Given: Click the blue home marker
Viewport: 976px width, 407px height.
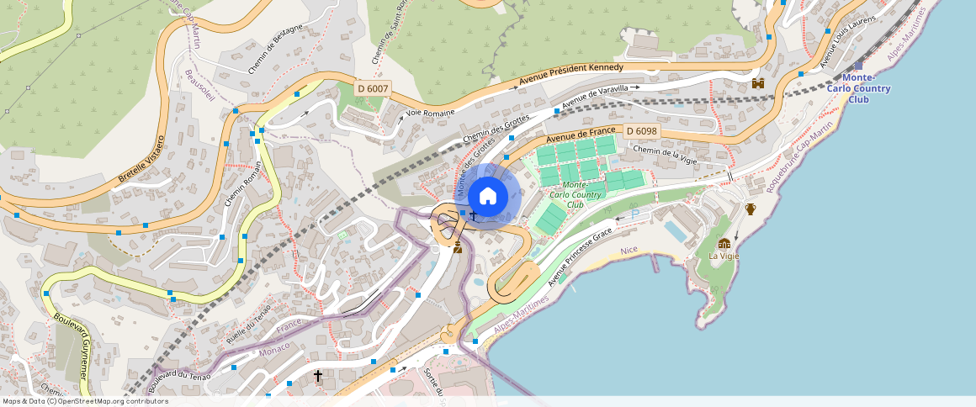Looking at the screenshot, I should click(487, 197).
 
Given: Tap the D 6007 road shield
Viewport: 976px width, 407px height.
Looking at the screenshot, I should click(372, 88).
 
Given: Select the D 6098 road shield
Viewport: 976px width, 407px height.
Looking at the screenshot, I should click(641, 131).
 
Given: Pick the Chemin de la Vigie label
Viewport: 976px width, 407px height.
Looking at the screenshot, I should click(665, 154).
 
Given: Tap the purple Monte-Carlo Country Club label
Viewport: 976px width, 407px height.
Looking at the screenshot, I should click(858, 88).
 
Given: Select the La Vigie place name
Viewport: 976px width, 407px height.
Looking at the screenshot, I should click(724, 256).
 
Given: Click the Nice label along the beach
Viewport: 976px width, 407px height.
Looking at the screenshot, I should click(629, 251).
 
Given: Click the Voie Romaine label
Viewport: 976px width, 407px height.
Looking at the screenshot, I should click(430, 113).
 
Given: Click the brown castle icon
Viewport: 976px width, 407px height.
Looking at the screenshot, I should click(758, 83).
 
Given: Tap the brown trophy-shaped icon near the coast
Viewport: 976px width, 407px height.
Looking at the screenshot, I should click(751, 209).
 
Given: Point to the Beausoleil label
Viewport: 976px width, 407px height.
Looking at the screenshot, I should click(199, 86).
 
